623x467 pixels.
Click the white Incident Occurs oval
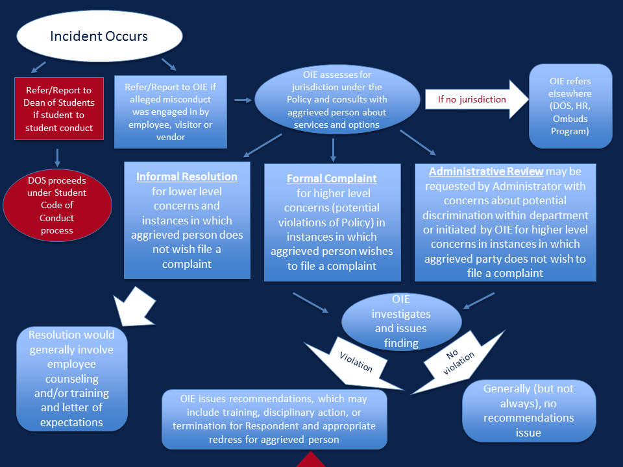[x=99, y=36]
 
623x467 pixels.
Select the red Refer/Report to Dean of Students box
[x=59, y=108]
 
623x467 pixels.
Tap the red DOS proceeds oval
[x=56, y=206]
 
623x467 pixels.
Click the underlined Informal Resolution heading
[x=187, y=176]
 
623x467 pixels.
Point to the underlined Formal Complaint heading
[x=332, y=178]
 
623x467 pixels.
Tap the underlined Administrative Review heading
[x=486, y=171]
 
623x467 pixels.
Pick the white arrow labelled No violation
[x=461, y=360]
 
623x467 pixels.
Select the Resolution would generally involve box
[x=72, y=379]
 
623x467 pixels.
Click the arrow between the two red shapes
[x=58, y=157]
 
